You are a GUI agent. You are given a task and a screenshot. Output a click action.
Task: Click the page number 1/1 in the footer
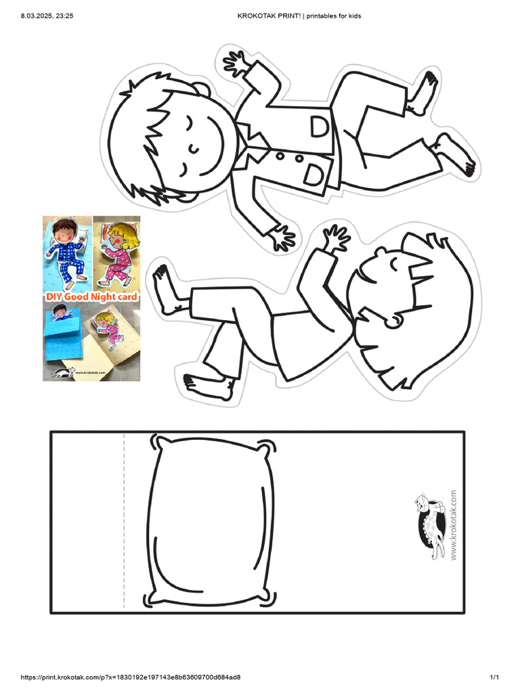494,677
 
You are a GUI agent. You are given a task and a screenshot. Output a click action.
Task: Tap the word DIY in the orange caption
54,296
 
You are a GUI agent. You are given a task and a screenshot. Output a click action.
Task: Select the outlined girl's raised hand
335,239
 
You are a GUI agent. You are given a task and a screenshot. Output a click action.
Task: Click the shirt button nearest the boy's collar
278,157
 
